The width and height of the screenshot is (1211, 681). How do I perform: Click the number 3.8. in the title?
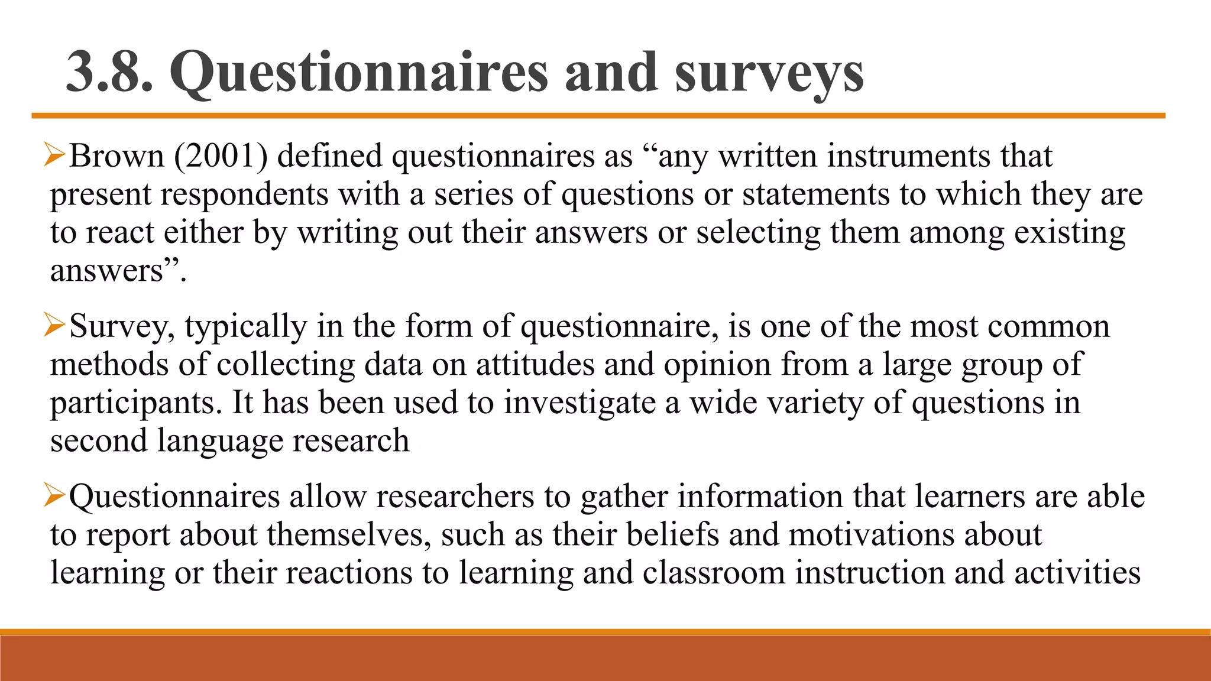(109, 72)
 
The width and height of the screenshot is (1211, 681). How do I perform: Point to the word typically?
(246, 327)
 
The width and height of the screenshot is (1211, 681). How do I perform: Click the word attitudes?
(535, 364)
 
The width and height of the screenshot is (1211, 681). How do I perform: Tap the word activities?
(1077, 572)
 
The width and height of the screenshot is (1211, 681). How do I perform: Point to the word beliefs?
(672, 534)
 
